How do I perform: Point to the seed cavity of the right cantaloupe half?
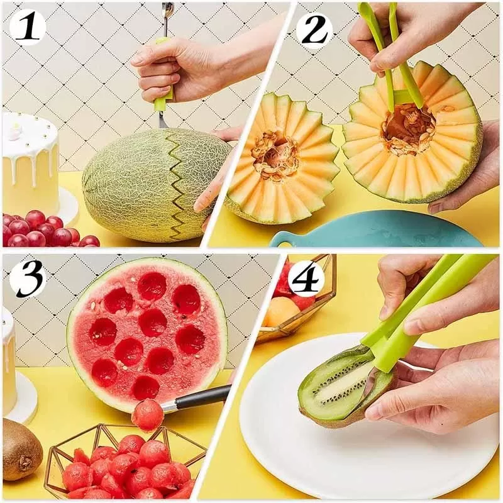tap(409, 130)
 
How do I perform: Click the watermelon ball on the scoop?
tap(148, 415)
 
